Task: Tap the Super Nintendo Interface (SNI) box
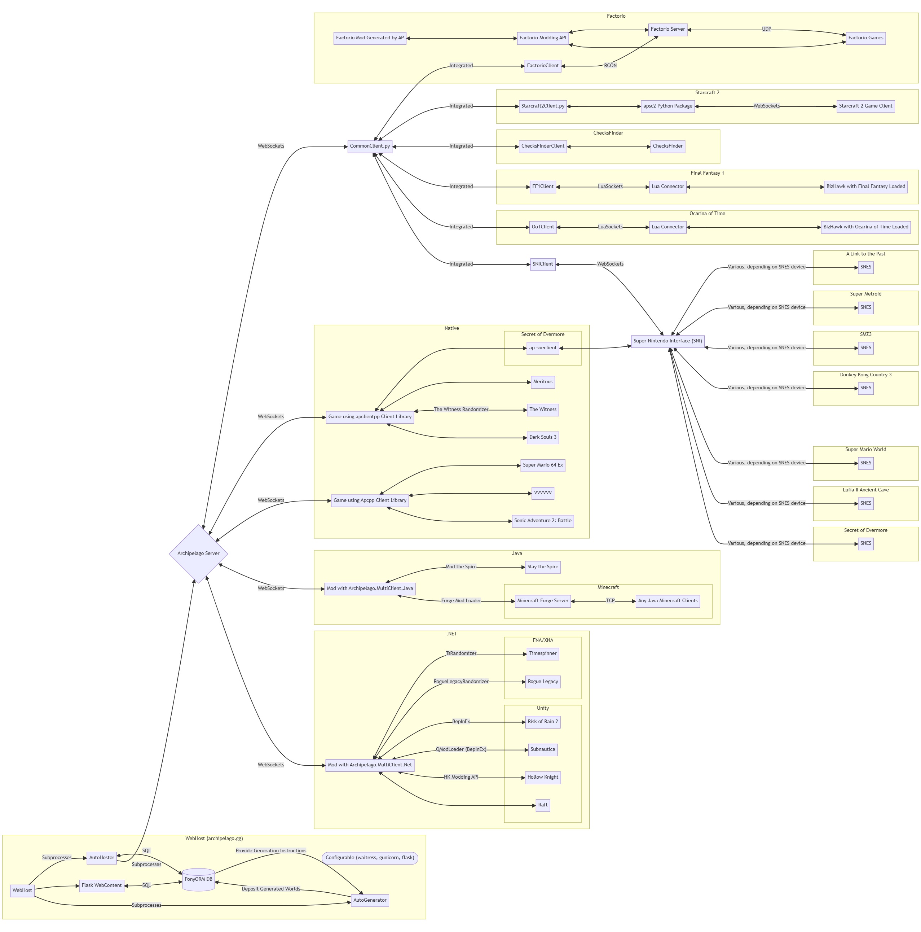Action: (667, 341)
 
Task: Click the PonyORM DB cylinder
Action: (198, 879)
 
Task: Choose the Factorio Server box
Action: (667, 30)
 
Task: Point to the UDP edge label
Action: (766, 30)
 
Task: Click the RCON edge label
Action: (610, 66)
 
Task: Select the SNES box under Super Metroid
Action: (865, 307)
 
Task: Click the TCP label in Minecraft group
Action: (610, 601)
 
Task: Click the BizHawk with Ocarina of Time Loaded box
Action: (865, 227)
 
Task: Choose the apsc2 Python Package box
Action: (667, 106)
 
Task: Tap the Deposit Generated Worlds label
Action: (270, 889)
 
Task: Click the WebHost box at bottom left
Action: (22, 891)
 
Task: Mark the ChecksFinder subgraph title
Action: (608, 133)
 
